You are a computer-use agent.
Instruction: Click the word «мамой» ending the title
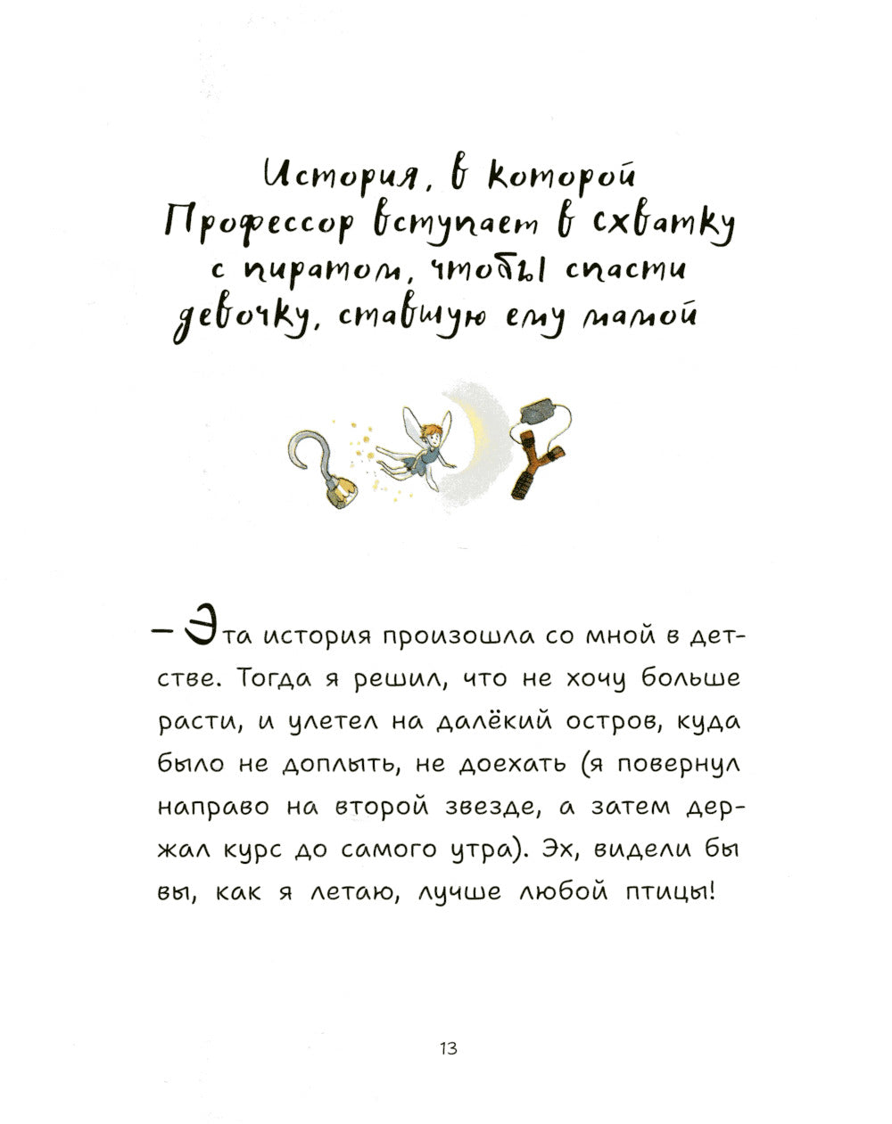pyautogui.click(x=635, y=315)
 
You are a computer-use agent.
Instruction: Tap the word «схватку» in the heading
pyautogui.click(x=663, y=226)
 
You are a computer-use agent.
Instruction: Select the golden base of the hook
pyautogui.click(x=342, y=492)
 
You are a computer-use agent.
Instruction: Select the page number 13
pyautogui.click(x=449, y=1048)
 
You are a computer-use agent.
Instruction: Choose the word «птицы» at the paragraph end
pyautogui.click(x=670, y=892)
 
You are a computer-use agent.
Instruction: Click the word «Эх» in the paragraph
pyautogui.click(x=559, y=849)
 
